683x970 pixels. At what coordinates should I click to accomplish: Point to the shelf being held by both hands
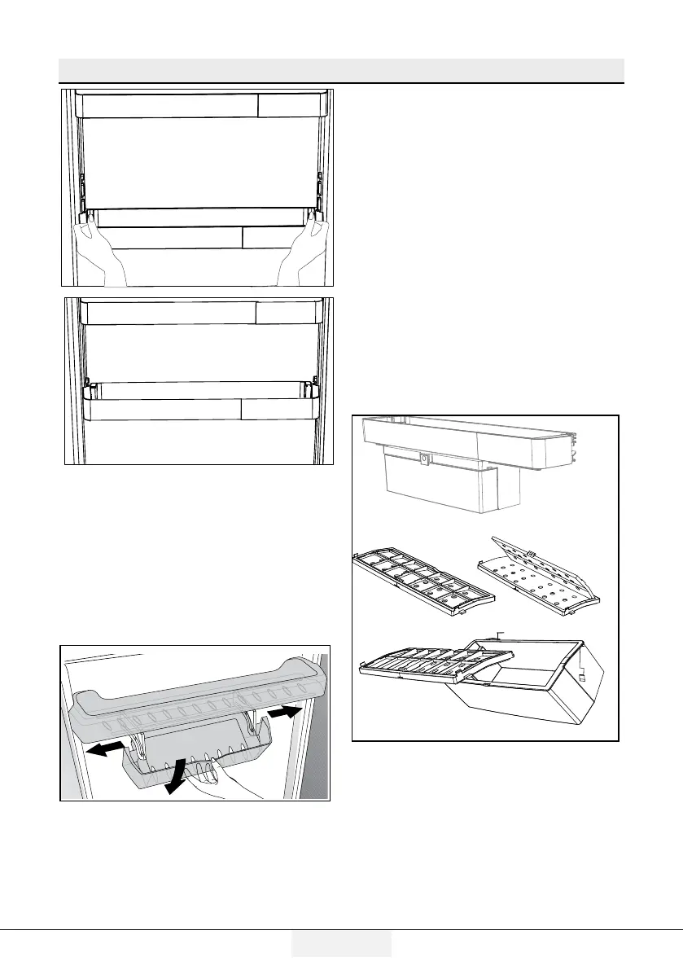click(x=199, y=217)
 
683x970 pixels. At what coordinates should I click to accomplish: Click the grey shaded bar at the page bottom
click(x=341, y=944)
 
